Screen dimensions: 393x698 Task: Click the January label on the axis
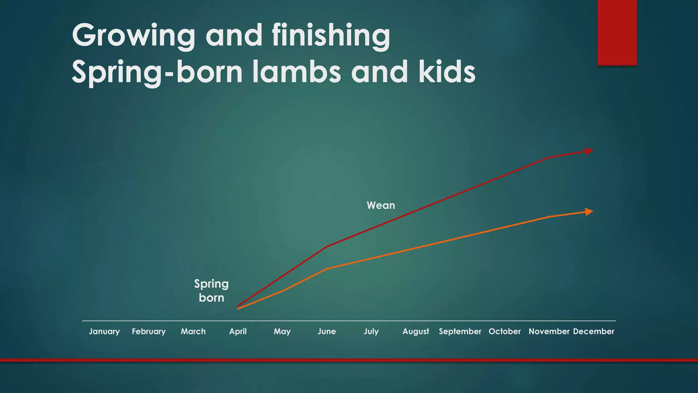coord(104,331)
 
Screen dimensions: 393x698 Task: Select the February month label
coord(149,331)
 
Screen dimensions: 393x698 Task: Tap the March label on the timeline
coord(193,331)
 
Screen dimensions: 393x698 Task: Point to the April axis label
coord(238,331)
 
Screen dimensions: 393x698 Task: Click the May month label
coord(282,331)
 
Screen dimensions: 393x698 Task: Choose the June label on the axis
coord(327,331)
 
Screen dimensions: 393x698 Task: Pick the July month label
coord(371,331)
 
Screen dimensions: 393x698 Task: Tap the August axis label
coord(416,331)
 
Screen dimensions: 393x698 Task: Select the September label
coord(460,331)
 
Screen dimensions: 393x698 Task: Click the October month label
coord(505,331)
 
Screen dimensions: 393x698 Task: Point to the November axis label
coord(549,331)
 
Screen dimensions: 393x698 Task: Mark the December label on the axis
coord(594,331)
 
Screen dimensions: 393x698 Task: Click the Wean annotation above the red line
coord(381,205)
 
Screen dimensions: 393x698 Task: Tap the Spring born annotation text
coord(211,291)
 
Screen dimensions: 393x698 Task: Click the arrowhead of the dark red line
coord(589,151)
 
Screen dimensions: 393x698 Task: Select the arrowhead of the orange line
coord(589,212)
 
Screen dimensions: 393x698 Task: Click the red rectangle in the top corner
coord(617,32)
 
